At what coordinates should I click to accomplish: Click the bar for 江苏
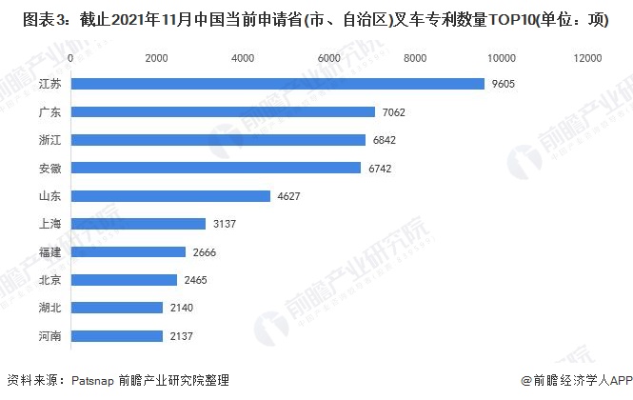277,84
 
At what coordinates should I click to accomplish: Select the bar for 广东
223,112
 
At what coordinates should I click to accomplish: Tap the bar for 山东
170,196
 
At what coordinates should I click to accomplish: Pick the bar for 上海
138,224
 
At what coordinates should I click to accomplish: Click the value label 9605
504,84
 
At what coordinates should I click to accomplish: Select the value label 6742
379,169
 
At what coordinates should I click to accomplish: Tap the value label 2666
203,252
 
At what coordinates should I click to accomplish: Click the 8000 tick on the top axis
415,59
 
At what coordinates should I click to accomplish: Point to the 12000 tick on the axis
585,59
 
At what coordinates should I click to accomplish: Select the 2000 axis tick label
156,59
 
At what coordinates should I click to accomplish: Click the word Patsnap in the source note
93,379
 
